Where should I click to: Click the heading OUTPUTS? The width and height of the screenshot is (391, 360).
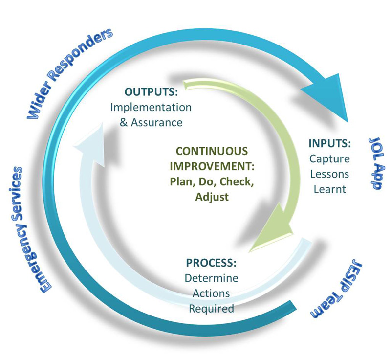pos(151,92)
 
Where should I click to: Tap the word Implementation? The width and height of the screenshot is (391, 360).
pos(151,107)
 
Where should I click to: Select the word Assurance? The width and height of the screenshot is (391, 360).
pos(156,122)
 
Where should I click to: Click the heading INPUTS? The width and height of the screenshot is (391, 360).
pos(329,143)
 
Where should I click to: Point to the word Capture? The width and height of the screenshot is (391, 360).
pos(329,159)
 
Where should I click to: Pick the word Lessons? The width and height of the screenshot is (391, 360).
pos(329,174)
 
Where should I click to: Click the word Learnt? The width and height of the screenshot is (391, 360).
pos(329,189)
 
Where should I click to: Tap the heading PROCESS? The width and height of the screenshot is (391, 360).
pos(211,263)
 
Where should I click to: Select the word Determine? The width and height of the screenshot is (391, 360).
pos(212,278)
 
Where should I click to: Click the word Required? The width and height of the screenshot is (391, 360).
pos(212,309)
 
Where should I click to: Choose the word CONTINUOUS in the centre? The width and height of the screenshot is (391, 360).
pos(212,151)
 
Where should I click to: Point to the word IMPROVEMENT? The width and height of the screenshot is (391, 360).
pos(212,166)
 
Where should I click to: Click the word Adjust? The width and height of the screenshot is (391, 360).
pos(212,197)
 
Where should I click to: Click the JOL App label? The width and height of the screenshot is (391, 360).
pos(377,163)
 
